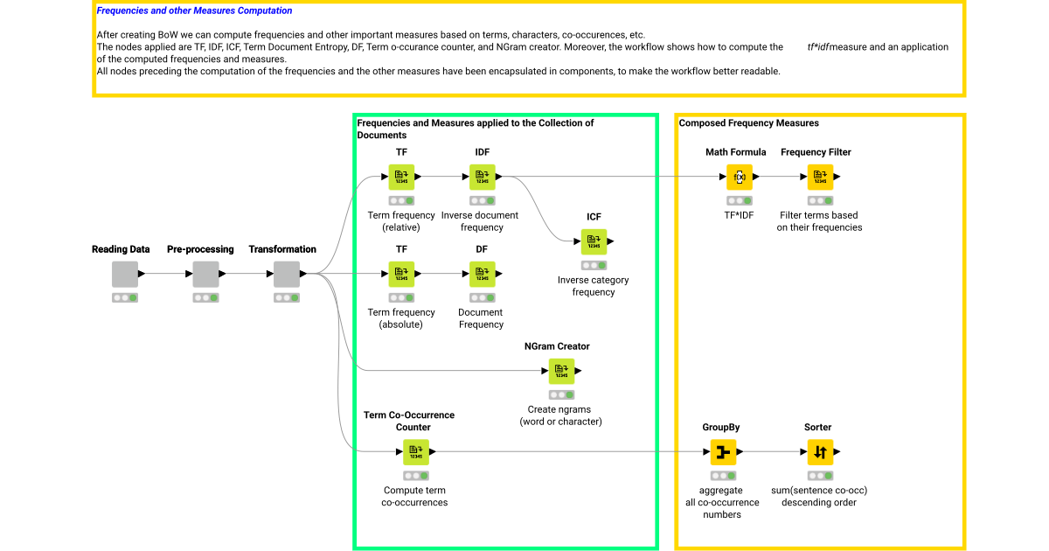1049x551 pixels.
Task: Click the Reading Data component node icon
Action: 125,274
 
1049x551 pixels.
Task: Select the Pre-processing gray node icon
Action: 205,274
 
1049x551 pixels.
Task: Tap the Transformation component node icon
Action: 287,274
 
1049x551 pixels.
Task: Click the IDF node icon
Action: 482,177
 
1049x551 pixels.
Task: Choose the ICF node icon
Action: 594,241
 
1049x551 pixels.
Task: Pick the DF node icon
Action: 482,274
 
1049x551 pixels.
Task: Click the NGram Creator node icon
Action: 561,371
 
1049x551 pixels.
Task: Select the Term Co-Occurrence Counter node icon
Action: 415,452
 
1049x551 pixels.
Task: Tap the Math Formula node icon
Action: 740,177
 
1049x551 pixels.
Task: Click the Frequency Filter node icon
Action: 820,177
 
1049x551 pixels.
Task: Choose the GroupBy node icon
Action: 722,452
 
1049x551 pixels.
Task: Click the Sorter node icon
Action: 820,452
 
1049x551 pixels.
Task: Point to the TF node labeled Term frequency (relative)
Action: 401,177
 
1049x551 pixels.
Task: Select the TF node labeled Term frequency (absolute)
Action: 401,274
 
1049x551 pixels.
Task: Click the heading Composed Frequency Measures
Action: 748,123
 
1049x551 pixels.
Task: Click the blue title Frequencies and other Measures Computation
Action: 194,11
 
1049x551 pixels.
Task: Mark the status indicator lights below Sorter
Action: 820,476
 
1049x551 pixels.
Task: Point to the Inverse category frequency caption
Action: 594,286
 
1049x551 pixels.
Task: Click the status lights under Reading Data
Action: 125,297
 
